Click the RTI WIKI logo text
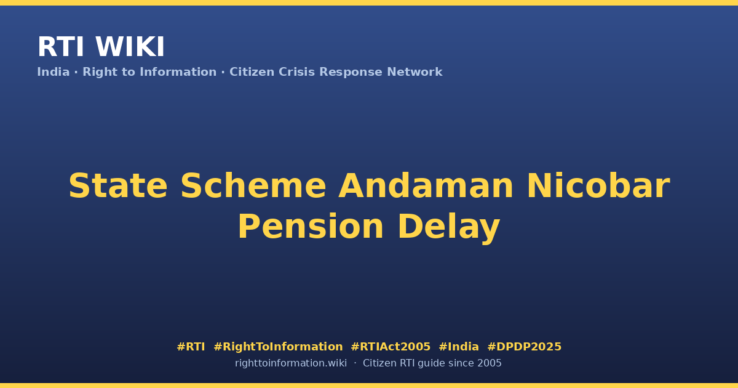click(101, 47)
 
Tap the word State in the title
click(118, 186)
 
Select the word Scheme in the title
click(253, 186)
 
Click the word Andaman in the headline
click(426, 186)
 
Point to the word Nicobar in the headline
click(598, 186)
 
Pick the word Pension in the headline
click(311, 227)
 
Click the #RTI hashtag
click(191, 347)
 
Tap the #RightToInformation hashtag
click(278, 347)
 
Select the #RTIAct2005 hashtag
click(391, 347)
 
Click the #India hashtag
click(459, 347)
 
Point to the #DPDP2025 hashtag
click(524, 347)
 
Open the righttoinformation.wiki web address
click(291, 363)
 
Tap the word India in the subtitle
click(54, 72)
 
